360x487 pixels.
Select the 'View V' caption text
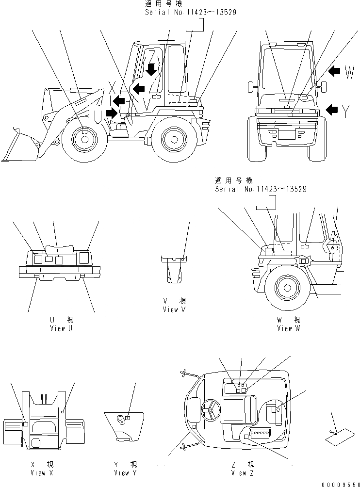174,309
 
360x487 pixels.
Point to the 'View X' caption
38,473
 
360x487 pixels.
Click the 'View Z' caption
242,473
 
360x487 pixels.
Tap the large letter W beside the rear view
350,73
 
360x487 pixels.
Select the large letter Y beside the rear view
345,111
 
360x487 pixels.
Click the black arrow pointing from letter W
334,72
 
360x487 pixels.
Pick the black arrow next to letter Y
332,110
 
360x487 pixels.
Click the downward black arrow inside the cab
152,69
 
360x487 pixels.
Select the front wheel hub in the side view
84,140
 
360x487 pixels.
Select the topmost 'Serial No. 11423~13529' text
191,12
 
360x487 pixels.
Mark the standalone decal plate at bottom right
338,438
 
